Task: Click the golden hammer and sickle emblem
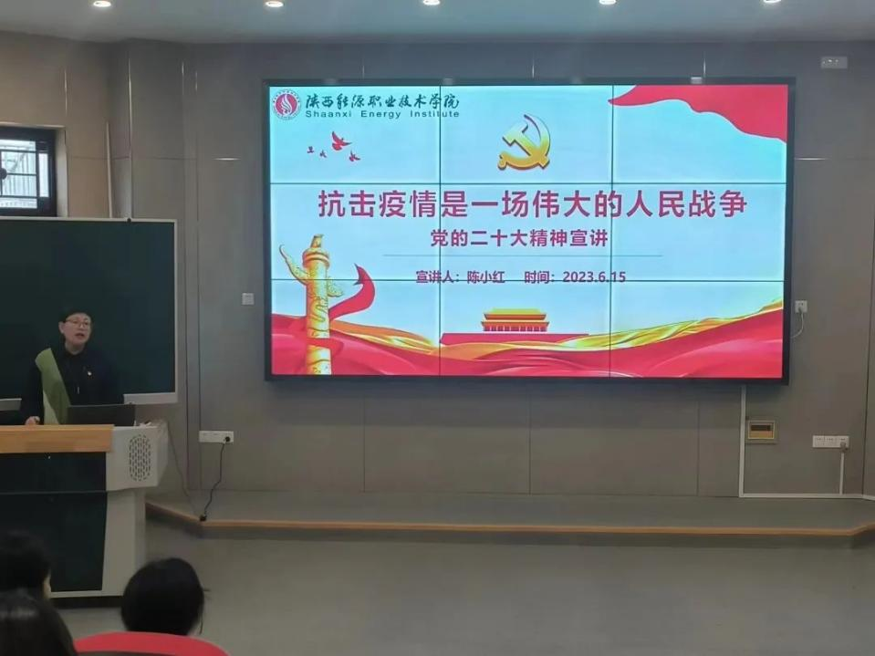coord(526,142)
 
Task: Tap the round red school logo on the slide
coord(286,104)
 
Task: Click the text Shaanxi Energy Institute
coord(382,114)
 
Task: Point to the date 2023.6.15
coord(594,276)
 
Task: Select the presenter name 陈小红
coord(485,277)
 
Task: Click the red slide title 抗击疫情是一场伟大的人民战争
coord(532,204)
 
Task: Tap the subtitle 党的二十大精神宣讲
coord(518,239)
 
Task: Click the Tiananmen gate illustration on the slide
coord(515,321)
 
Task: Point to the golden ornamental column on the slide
coord(316,304)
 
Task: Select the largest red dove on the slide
coord(340,141)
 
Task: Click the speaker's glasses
coord(78,323)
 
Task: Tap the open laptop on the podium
coord(101,415)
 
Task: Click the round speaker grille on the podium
coord(140,457)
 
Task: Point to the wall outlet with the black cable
coord(216,437)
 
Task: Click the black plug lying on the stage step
coord(203,517)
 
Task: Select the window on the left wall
coord(27,171)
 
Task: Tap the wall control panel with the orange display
coord(761,431)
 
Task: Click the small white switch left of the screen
coord(248,298)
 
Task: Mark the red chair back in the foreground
coord(151,644)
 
